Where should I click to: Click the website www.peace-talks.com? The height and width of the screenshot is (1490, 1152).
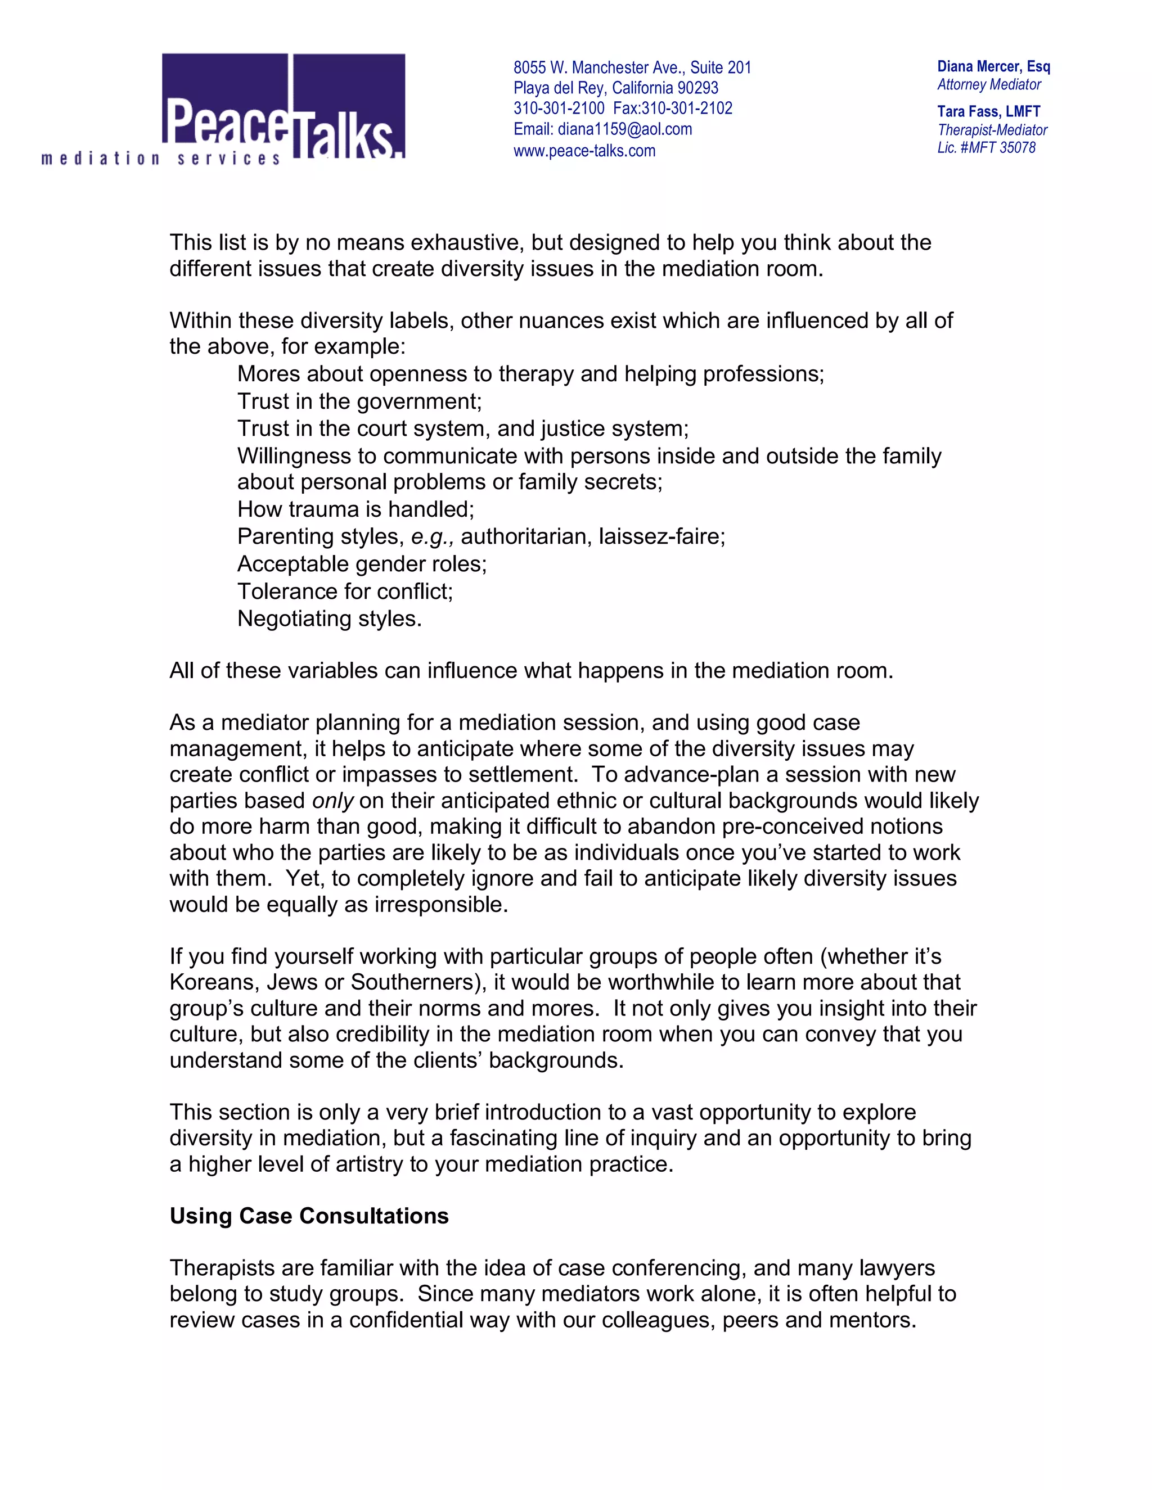pos(584,151)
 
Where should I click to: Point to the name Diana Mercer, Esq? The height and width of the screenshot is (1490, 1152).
pos(993,66)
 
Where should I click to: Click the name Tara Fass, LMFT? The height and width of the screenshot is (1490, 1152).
pos(988,111)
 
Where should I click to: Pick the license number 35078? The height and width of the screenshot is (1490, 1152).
pos(1017,148)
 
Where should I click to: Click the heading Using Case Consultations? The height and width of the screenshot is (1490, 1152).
pos(308,1215)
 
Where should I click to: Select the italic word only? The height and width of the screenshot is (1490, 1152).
pos(333,800)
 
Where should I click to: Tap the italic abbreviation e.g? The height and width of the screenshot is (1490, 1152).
pos(432,537)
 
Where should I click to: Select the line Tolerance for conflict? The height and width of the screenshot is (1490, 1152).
pos(345,591)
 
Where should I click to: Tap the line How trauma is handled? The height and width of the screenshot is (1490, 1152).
pos(355,509)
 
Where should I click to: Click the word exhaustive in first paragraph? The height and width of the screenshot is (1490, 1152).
pos(467,242)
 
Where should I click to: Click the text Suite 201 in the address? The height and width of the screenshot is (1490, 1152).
pos(720,67)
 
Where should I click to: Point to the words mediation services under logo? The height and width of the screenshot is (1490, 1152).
pos(161,159)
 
